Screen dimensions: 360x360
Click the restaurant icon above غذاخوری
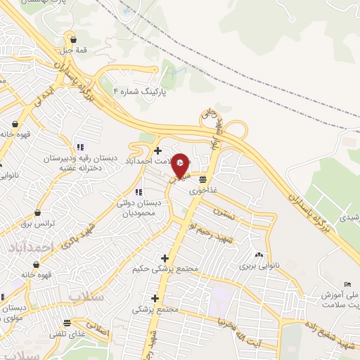pos(202,179)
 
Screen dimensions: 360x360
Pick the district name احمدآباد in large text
pos(32,247)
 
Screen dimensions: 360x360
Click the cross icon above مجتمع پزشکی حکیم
pos(165,258)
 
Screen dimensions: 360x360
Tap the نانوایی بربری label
pos(259,266)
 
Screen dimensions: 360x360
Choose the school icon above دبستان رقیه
pos(80,147)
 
